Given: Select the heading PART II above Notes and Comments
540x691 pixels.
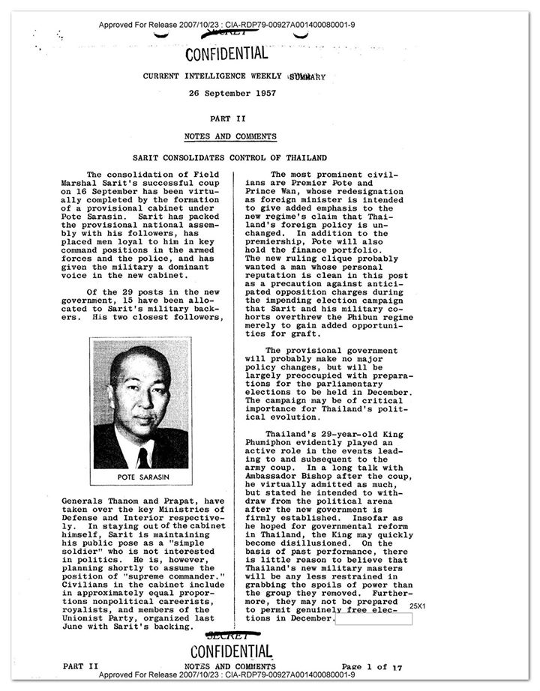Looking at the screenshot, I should (229, 118).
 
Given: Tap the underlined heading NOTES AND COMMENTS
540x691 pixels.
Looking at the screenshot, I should (230, 136).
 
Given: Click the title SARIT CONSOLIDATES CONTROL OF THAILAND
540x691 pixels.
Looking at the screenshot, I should (229, 158).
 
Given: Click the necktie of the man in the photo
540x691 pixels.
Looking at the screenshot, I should (142, 456).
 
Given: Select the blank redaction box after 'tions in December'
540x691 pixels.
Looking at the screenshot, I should (373, 619).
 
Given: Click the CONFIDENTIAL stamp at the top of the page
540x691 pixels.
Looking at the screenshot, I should (225, 53).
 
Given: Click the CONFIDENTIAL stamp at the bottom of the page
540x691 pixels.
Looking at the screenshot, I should (230, 652).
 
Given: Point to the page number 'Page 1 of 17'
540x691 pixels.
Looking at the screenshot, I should (372, 667).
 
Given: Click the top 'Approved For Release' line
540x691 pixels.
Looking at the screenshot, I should (226, 25).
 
